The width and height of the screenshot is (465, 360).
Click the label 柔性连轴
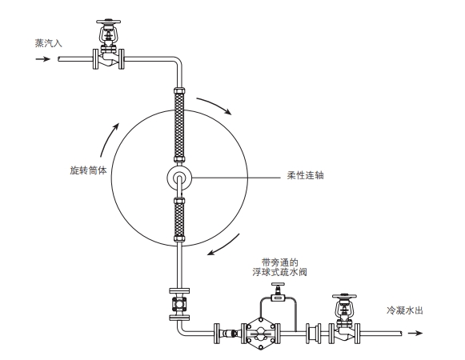(x=304, y=175)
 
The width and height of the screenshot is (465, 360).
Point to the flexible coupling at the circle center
(x=180, y=178)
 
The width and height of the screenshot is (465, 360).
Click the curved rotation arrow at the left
(x=108, y=136)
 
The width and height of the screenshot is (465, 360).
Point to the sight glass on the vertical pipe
(x=180, y=303)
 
